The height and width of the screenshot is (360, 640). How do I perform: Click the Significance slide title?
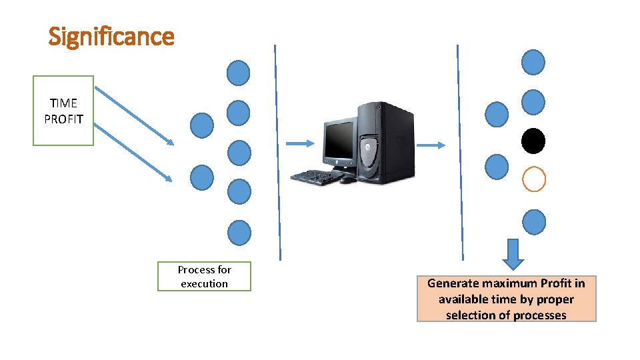(111, 36)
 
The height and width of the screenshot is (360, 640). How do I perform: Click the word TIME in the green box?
(63, 103)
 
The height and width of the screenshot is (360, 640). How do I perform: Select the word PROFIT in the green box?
(63, 119)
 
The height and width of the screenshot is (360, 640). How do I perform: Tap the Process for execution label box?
(204, 277)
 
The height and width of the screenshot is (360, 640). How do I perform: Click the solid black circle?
(533, 141)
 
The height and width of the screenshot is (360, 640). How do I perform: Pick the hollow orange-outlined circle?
(533, 179)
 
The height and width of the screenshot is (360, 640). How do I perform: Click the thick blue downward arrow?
(513, 254)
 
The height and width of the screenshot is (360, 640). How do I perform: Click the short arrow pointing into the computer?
(299, 143)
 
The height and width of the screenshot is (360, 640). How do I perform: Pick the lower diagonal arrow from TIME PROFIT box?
(133, 153)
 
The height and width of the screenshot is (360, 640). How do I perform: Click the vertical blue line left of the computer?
(277, 153)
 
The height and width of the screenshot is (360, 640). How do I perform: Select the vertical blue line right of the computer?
(460, 153)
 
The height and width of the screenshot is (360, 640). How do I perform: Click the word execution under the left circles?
(204, 284)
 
